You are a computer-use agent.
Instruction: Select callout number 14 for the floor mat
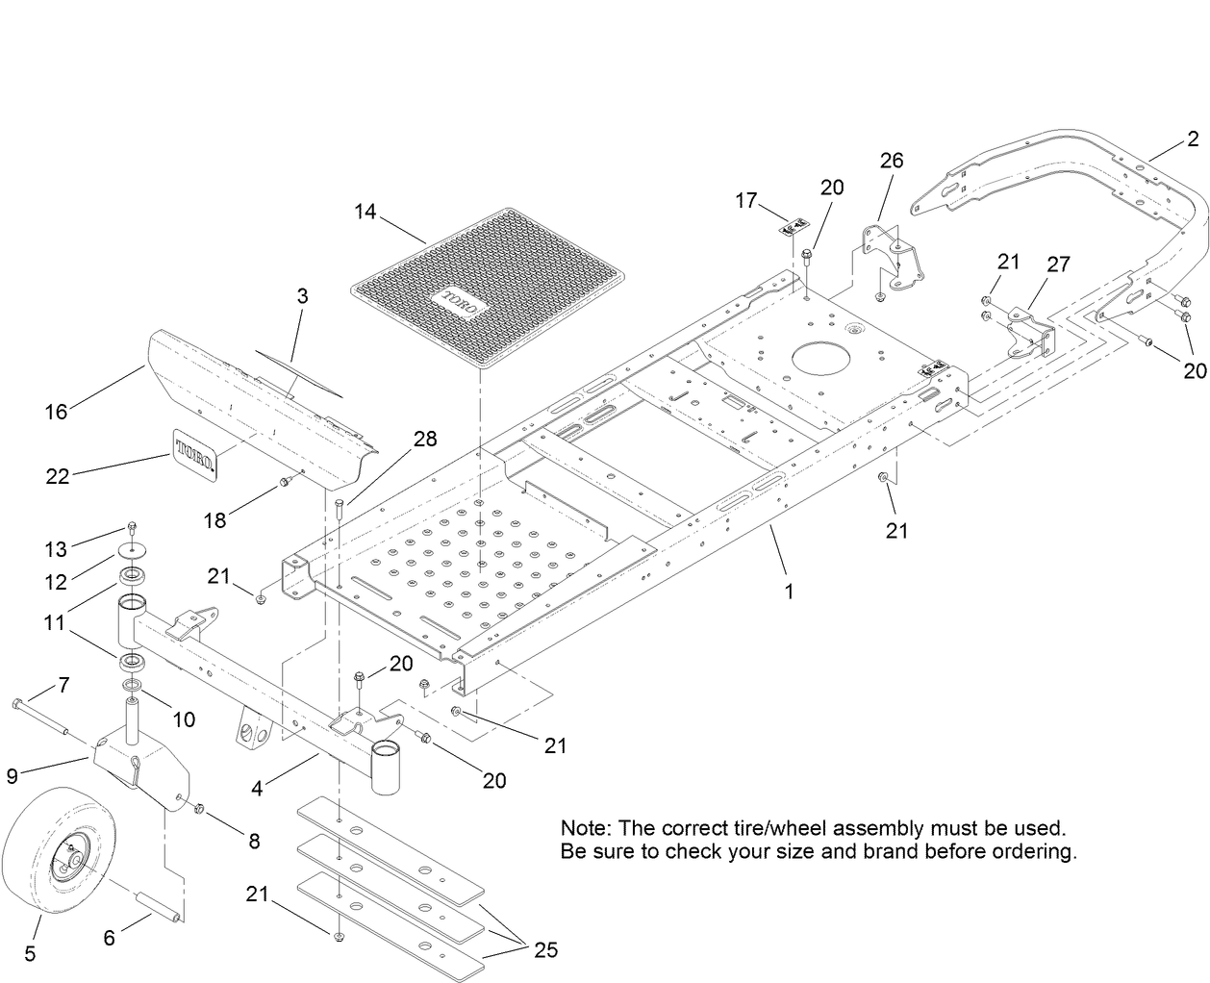(x=365, y=211)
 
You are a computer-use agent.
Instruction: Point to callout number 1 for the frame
(x=789, y=592)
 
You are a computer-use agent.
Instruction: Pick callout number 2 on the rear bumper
(x=1192, y=140)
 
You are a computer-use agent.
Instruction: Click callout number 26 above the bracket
(x=892, y=160)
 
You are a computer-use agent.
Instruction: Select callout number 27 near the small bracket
(x=1058, y=264)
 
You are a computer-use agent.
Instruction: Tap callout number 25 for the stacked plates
(x=545, y=950)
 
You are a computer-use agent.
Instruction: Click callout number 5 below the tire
(x=30, y=953)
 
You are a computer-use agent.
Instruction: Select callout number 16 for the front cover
(x=56, y=411)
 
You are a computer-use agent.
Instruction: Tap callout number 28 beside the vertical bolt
(x=425, y=439)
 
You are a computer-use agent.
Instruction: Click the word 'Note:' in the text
(x=585, y=828)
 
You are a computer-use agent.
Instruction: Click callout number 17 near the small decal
(x=746, y=200)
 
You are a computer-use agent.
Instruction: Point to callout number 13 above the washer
(x=55, y=549)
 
